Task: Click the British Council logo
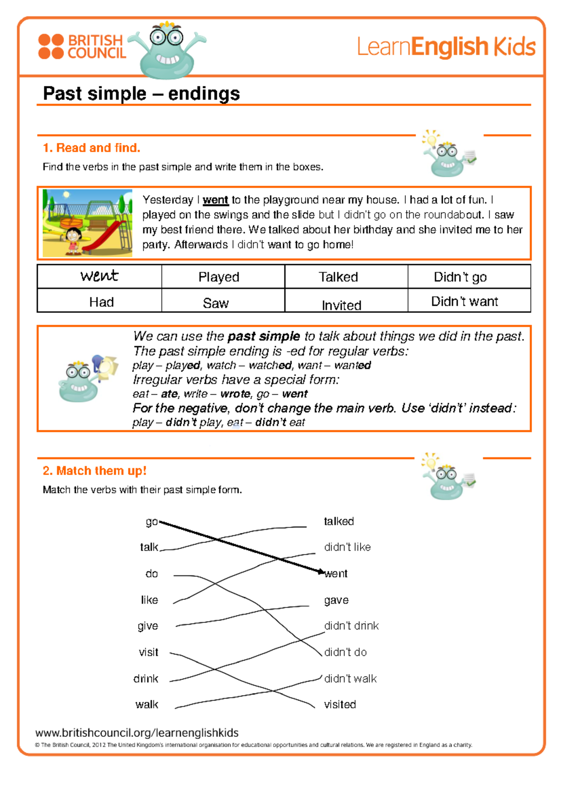pyautogui.click(x=82, y=47)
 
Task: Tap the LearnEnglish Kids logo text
pyautogui.click(x=446, y=47)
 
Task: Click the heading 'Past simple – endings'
pyautogui.click(x=141, y=94)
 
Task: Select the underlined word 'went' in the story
pyautogui.click(x=216, y=200)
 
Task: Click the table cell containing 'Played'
pyautogui.click(x=219, y=277)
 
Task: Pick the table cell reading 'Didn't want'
pyautogui.click(x=465, y=302)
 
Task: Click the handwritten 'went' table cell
pyautogui.click(x=99, y=276)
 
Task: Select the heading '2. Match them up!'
pyautogui.click(x=94, y=470)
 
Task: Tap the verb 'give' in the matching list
pyautogui.click(x=148, y=626)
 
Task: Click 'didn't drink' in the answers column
pyautogui.click(x=352, y=626)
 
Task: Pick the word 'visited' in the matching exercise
pyautogui.click(x=340, y=704)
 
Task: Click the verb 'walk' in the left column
pyautogui.click(x=147, y=704)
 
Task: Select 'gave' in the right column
pyautogui.click(x=336, y=600)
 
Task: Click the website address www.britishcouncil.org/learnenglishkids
pyautogui.click(x=137, y=733)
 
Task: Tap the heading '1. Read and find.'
pyautogui.click(x=92, y=148)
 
